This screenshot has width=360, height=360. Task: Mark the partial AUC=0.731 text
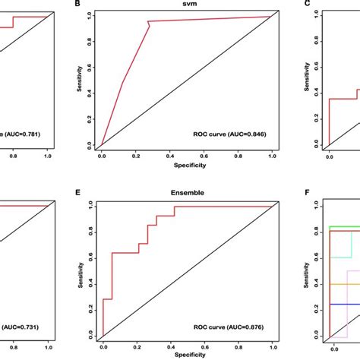click(x=23, y=322)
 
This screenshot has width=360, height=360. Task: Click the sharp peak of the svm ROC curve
click(x=149, y=22)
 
